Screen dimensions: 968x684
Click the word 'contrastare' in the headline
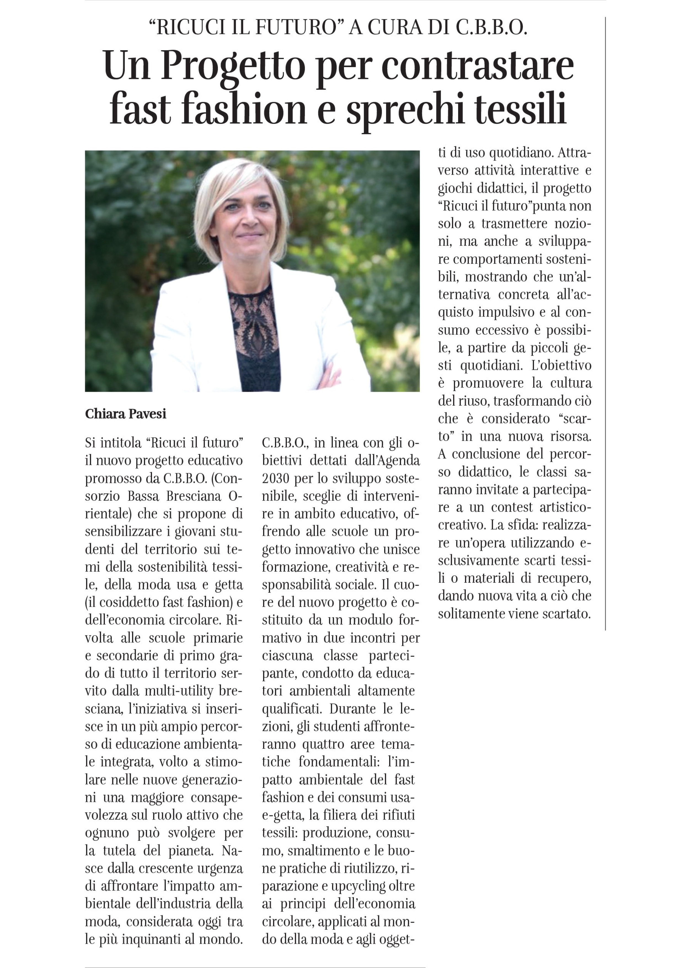(477, 66)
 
